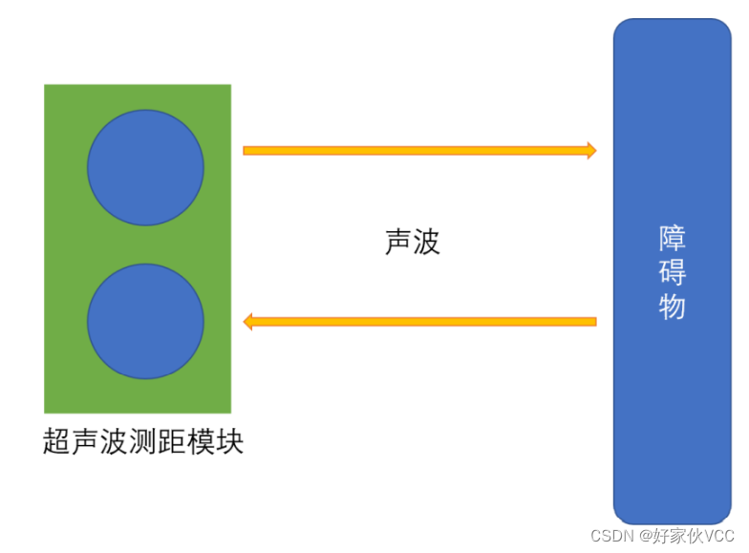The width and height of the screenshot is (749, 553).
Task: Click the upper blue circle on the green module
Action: click(145, 168)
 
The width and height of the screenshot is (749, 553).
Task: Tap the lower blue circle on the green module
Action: click(145, 322)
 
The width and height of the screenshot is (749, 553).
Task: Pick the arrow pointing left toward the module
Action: click(420, 322)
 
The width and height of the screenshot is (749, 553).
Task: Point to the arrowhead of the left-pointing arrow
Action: click(248, 322)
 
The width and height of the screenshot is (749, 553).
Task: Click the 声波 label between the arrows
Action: click(412, 242)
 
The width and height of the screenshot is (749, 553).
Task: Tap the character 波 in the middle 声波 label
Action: click(426, 242)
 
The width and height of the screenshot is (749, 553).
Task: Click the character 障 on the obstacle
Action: click(673, 239)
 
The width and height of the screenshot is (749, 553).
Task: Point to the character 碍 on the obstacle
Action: click(673, 272)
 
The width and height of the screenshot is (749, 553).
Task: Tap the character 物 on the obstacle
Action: click(673, 306)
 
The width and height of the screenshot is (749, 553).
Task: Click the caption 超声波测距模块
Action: click(143, 442)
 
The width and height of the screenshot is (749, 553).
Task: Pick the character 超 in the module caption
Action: click(57, 442)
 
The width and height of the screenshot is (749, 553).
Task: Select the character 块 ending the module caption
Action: click(230, 442)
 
